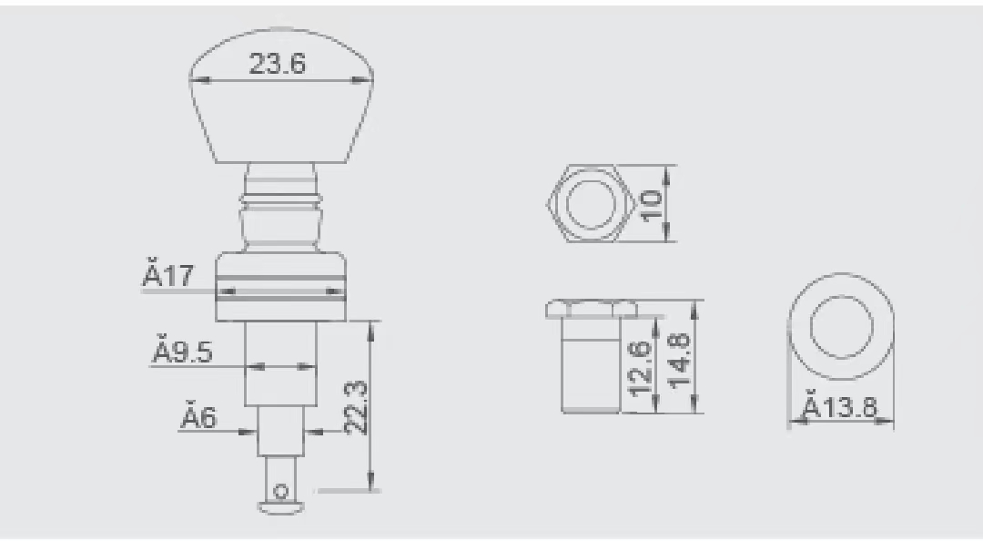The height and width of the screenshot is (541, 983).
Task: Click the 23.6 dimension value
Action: pyautogui.click(x=277, y=64)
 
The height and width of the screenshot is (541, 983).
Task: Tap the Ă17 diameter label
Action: pyautogui.click(x=168, y=276)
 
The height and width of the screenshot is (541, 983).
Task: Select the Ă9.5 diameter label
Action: pyautogui.click(x=182, y=352)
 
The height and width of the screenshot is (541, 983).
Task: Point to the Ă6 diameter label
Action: pyautogui.click(x=198, y=418)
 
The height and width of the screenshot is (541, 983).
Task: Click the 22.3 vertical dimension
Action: pyautogui.click(x=356, y=407)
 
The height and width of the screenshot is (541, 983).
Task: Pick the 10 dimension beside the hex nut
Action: pyautogui.click(x=652, y=204)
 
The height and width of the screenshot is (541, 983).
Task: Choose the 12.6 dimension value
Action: pyautogui.click(x=640, y=368)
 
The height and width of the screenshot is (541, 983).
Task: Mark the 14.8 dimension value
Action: pyautogui.click(x=678, y=361)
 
